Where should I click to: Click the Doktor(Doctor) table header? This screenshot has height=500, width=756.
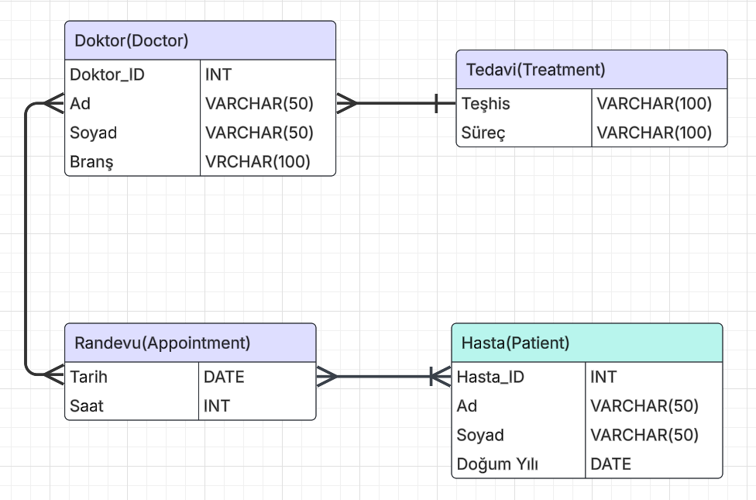point(132,41)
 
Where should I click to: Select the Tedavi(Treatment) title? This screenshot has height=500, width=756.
point(535,70)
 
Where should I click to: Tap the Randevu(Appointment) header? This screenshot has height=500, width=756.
point(162,343)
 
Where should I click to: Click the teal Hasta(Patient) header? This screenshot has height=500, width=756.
point(515,343)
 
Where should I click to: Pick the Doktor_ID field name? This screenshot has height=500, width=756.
point(107,75)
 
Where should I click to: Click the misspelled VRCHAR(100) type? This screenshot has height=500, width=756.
point(258,162)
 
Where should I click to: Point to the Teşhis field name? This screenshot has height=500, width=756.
point(486,104)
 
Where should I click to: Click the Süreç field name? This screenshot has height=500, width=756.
point(483,133)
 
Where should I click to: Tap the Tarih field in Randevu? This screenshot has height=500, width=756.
point(89,378)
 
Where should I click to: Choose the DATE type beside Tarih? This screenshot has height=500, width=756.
point(224,378)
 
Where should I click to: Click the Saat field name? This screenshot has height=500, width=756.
point(87,405)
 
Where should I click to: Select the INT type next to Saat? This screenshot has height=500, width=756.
point(217,405)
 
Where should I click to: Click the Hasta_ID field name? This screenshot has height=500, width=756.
point(490,378)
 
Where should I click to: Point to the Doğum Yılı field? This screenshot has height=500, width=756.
point(497,464)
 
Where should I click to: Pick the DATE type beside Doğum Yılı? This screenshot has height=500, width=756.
point(610,464)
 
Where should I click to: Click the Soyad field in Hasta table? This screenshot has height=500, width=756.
point(480,435)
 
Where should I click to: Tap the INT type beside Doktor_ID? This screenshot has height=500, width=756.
point(218,75)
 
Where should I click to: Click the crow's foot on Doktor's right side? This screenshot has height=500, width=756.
point(347,103)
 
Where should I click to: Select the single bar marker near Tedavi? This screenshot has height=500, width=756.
point(437,103)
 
